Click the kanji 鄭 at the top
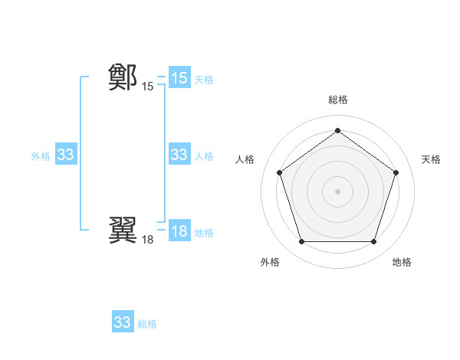click(123, 77)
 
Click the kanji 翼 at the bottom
click(123, 230)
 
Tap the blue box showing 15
click(179, 78)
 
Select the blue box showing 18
click(179, 231)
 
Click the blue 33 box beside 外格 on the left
click(65, 155)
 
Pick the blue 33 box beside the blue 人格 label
click(179, 155)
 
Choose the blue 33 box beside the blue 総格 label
click(123, 322)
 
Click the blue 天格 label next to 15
click(204, 79)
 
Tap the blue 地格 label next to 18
click(204, 232)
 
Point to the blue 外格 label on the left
click(41, 155)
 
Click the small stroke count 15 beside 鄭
click(147, 87)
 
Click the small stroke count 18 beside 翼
click(147, 240)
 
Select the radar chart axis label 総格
click(337, 100)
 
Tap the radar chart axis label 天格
click(431, 159)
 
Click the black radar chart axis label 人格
click(245, 159)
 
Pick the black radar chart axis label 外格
click(270, 262)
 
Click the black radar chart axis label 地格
click(402, 262)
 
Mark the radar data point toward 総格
click(337, 130)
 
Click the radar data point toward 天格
click(396, 172)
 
